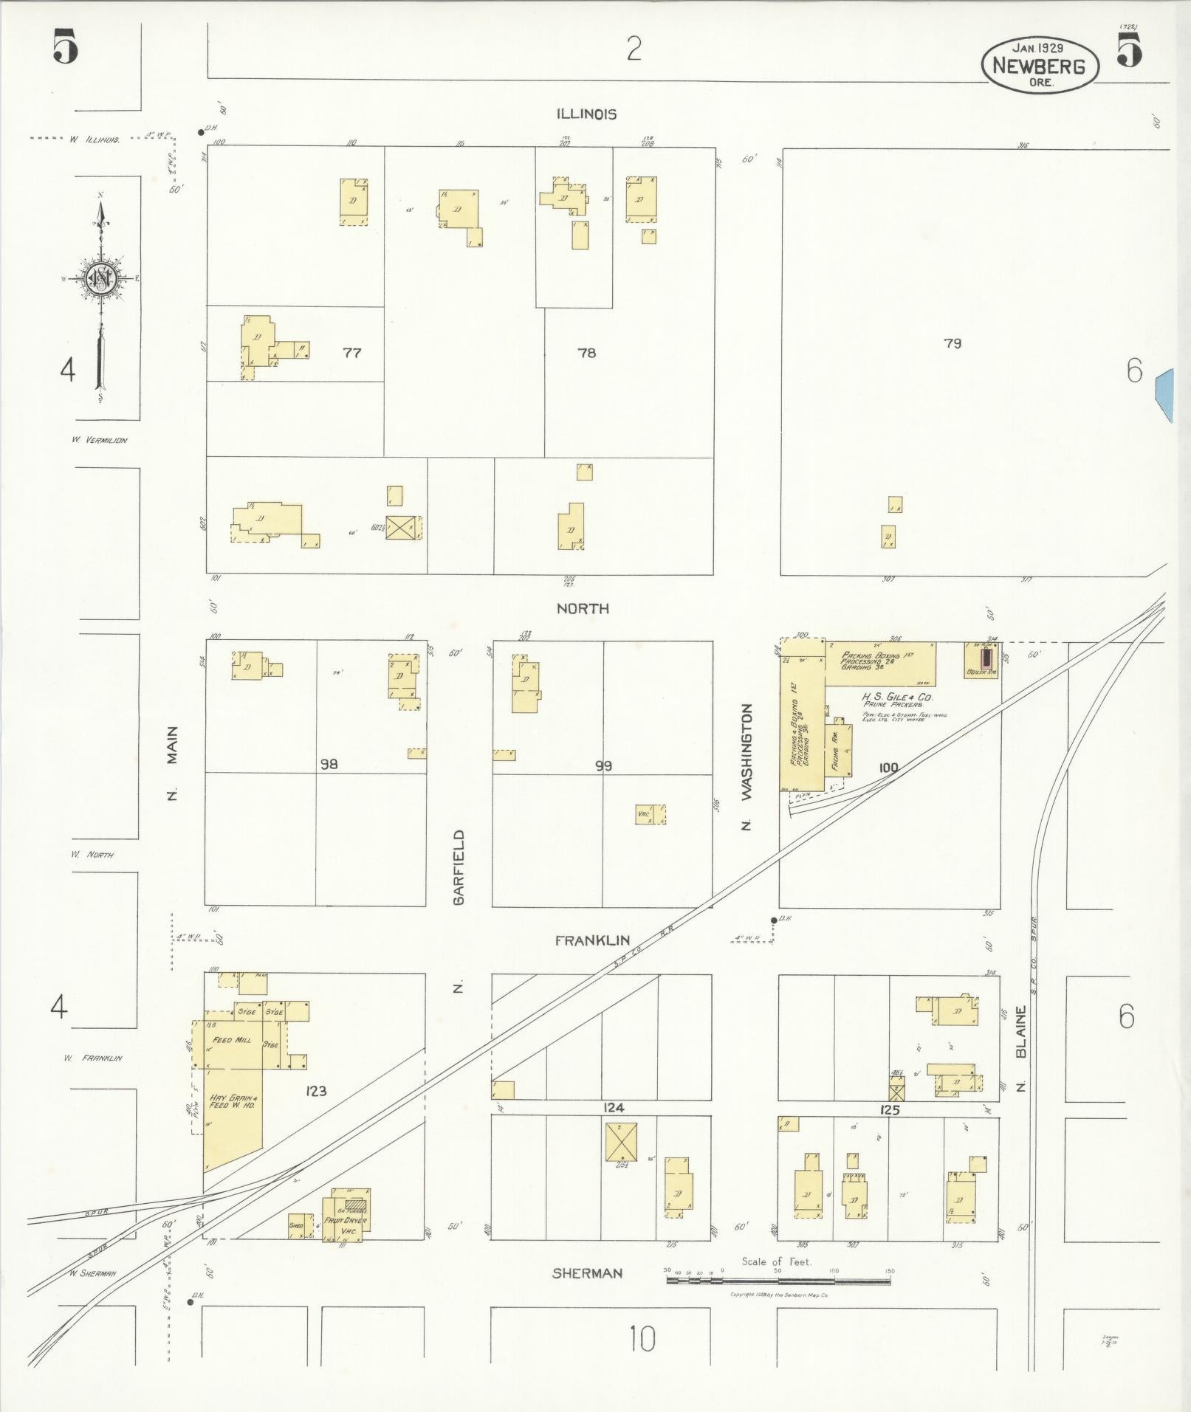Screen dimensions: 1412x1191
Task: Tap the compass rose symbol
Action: click(x=98, y=278)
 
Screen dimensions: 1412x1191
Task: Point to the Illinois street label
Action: click(x=586, y=114)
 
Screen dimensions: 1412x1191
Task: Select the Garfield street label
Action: click(x=459, y=867)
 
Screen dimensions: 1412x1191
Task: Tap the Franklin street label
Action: click(x=592, y=940)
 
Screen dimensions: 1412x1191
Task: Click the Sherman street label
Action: click(x=587, y=1273)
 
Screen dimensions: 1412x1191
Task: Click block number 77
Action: click(x=351, y=353)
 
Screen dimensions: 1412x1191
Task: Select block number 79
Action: click(x=953, y=343)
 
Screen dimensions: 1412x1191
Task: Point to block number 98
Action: click(x=329, y=764)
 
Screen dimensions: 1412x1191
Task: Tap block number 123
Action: click(x=315, y=1090)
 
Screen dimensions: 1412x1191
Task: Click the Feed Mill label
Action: click(x=233, y=1040)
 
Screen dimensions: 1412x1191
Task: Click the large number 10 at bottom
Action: click(x=642, y=1339)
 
